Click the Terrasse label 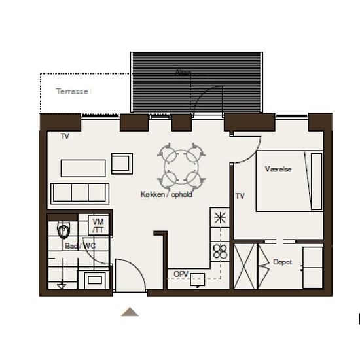72,92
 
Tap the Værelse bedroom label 278,169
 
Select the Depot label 282,262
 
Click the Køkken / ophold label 166,194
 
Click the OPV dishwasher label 181,274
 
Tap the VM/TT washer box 98,225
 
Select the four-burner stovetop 220,251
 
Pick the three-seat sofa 80,193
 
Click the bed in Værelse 289,181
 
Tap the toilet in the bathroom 63,230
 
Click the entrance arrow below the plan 130,312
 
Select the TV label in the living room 65,137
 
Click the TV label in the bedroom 240,196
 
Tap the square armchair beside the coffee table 122,163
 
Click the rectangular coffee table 83,168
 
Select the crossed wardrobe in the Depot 245,266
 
